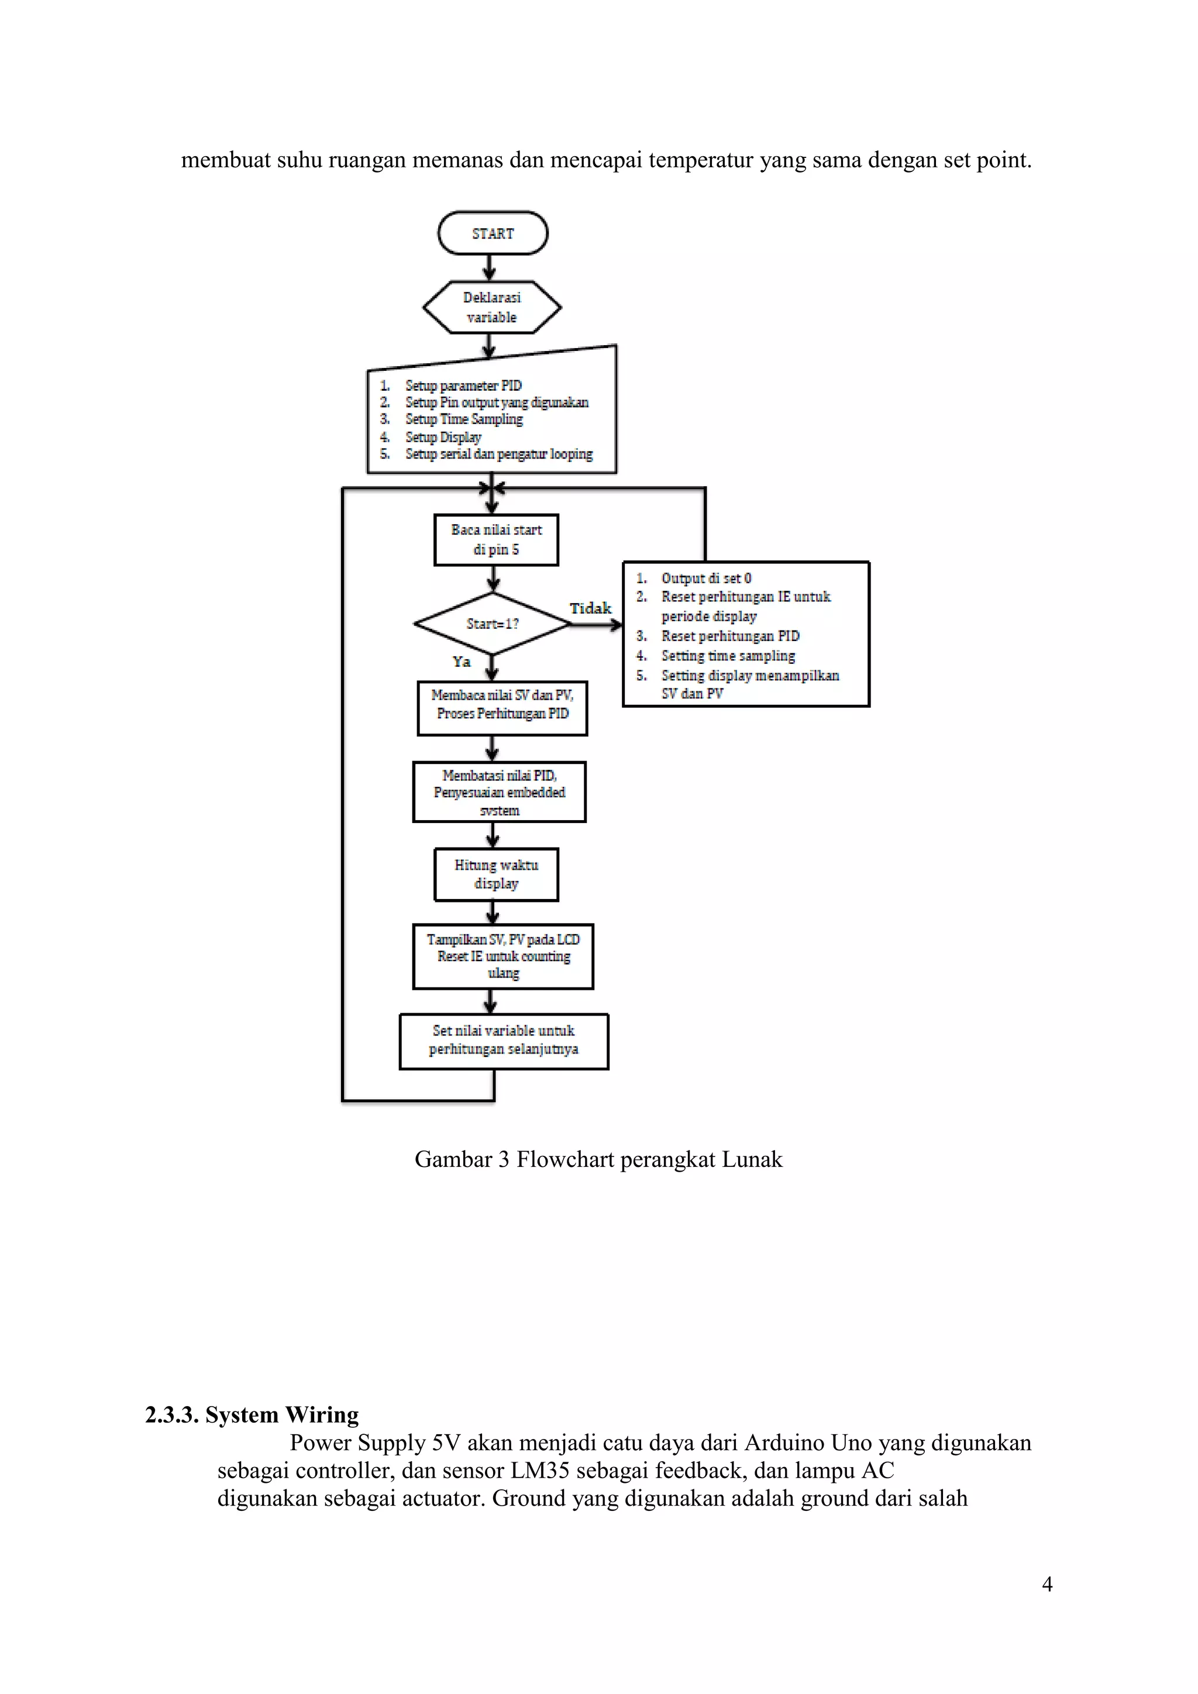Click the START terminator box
(493, 233)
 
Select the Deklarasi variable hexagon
(492, 307)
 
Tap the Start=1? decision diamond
(492, 624)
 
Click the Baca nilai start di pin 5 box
(495, 539)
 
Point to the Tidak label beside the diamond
(590, 608)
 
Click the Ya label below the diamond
(462, 662)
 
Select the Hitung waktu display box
(495, 874)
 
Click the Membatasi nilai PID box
(500, 791)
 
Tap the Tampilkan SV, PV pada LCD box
(503, 956)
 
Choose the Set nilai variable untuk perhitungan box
(504, 1040)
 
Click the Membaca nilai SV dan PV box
(502, 705)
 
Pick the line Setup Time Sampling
(464, 419)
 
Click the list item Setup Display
(443, 437)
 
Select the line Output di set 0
(706, 578)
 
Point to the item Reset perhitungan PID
(730, 635)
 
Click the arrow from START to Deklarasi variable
(489, 267)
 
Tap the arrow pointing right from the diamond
(596, 624)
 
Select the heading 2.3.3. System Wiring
(252, 1414)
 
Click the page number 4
(1046, 1584)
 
